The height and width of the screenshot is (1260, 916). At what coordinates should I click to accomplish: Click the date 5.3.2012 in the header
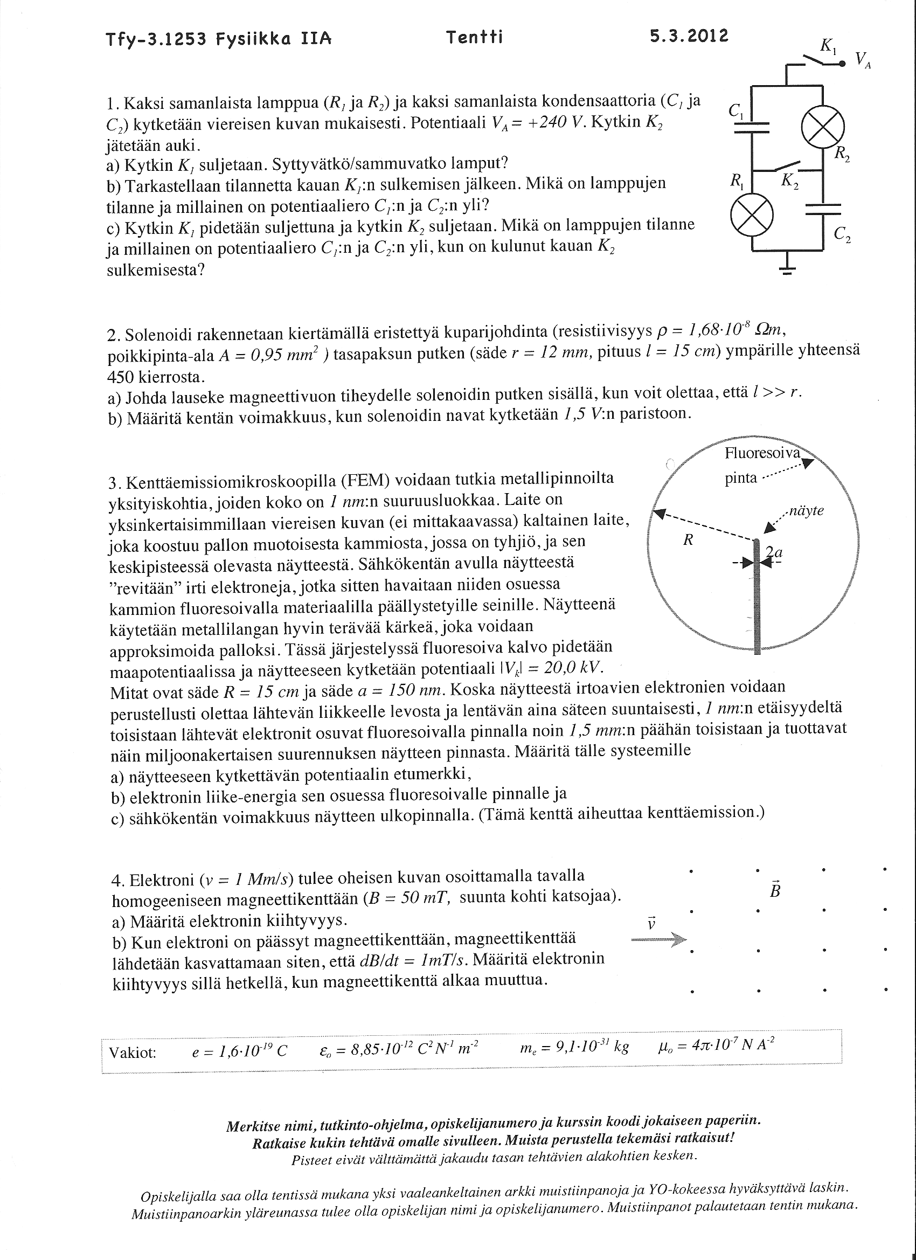688,37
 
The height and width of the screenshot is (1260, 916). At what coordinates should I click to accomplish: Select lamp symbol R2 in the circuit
823,127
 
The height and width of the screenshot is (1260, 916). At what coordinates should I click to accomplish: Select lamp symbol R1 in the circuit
751,216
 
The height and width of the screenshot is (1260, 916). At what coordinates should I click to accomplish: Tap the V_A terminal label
863,59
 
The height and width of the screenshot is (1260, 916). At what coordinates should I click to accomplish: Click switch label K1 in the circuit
828,47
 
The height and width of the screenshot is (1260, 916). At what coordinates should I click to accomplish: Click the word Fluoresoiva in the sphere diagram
762,453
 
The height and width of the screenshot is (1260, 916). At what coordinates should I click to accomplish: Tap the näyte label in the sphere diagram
806,510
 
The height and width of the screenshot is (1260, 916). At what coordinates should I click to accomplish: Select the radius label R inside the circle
688,540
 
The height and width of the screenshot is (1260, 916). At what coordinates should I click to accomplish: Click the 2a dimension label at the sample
774,552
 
